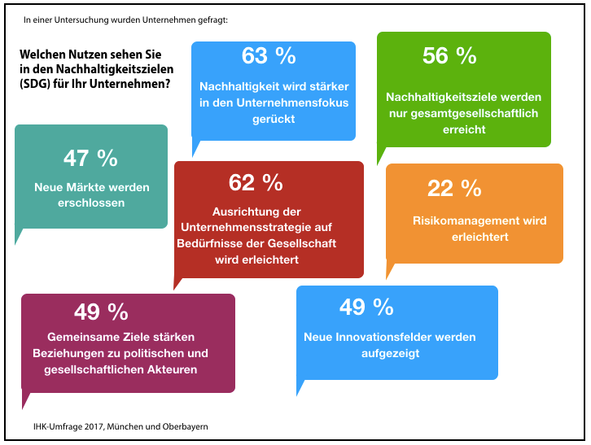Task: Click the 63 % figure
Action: pyautogui.click(x=269, y=55)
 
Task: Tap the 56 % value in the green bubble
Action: pyautogui.click(x=449, y=55)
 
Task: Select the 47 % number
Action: pyautogui.click(x=90, y=157)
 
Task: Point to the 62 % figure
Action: pyautogui.click(x=256, y=181)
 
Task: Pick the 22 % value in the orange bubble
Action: pyautogui.click(x=454, y=188)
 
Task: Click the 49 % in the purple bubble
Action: pyautogui.click(x=101, y=312)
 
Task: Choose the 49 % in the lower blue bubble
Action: pyautogui.click(x=366, y=307)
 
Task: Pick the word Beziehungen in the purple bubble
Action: pyautogui.click(x=68, y=353)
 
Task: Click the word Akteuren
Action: pyautogui.click(x=173, y=369)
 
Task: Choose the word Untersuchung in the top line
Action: pyautogui.click(x=85, y=17)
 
